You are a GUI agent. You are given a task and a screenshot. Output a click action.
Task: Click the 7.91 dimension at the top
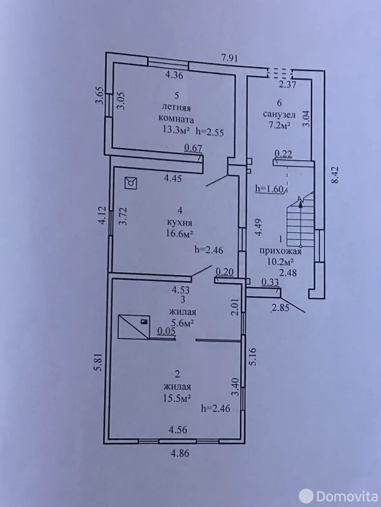[x=230, y=58]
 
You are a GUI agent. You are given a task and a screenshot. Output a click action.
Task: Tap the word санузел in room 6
[x=279, y=115]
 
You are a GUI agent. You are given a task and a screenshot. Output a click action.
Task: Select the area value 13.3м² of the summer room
[x=176, y=130]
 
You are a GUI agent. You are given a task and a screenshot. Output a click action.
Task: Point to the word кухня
[x=179, y=223]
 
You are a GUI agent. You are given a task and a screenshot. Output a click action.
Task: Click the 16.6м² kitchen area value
[x=179, y=234]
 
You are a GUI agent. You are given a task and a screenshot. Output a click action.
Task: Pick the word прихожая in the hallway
[x=280, y=251]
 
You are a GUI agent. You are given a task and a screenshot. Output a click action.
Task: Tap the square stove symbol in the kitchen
[x=131, y=183]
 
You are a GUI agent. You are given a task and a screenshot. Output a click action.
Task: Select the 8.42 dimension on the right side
[x=335, y=175]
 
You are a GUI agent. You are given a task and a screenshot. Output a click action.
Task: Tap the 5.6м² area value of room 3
[x=182, y=324]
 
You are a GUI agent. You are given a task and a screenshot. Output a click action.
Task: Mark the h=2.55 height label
[x=210, y=132]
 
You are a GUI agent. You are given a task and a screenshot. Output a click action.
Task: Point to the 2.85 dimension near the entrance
[x=281, y=308]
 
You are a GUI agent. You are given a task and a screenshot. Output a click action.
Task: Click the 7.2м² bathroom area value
[x=279, y=125]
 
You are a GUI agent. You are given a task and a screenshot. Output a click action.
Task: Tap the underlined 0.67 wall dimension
[x=193, y=148]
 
